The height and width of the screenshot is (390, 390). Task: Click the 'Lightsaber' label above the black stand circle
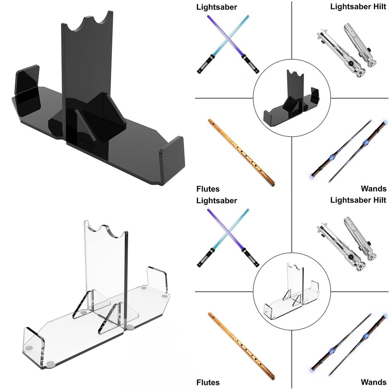[216, 7]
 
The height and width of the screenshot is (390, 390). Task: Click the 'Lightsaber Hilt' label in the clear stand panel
[358, 200]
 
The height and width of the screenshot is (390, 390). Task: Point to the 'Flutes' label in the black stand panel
[208, 189]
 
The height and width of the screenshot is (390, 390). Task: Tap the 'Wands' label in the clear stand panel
[374, 382]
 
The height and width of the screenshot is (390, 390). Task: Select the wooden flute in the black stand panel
[241, 152]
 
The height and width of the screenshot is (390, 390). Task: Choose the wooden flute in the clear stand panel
[241, 346]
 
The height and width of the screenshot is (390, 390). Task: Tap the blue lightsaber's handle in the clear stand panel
[204, 258]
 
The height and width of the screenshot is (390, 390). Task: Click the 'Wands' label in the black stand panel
[374, 189]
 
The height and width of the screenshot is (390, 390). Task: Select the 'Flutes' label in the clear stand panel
[208, 382]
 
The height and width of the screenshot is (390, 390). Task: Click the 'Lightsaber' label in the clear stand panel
[216, 200]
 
